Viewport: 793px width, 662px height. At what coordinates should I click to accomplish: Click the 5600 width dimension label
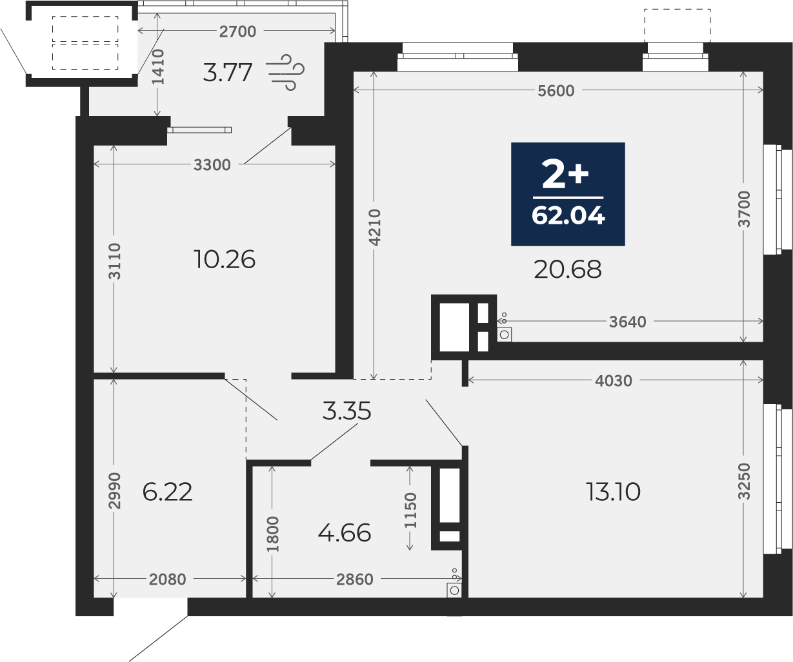(556, 91)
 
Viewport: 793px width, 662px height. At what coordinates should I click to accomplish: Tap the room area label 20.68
(568, 269)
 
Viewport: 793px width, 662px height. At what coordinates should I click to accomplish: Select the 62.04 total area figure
(568, 215)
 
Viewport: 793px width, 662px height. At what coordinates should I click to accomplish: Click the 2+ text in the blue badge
(565, 173)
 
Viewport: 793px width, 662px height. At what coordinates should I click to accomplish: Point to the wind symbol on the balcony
(287, 72)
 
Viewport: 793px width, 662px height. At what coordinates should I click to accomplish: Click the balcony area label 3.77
(228, 72)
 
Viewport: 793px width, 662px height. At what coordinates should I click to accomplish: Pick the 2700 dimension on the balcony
(237, 32)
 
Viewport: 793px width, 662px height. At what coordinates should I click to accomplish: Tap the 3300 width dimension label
(212, 165)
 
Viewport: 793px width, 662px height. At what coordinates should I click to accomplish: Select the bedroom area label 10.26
(225, 260)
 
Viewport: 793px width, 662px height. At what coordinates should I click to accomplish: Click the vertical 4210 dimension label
(374, 228)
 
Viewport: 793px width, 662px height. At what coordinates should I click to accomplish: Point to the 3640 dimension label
(627, 322)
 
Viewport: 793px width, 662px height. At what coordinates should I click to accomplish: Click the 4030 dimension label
(614, 380)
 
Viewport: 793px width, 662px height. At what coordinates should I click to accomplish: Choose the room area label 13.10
(613, 492)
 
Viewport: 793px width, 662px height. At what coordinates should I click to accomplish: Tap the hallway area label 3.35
(346, 411)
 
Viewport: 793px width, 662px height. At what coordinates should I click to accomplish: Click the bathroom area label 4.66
(344, 532)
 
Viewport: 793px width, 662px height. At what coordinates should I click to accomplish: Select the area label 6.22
(167, 492)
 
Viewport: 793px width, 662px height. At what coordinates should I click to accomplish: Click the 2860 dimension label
(355, 579)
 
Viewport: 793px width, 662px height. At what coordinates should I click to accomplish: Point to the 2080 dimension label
(168, 579)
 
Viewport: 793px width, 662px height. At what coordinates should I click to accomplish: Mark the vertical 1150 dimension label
(410, 511)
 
